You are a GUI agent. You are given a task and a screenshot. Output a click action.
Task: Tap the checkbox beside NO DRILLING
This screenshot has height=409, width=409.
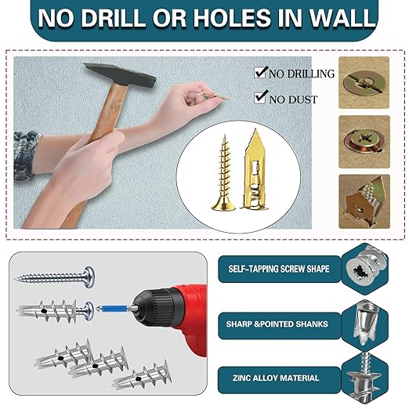(261, 73)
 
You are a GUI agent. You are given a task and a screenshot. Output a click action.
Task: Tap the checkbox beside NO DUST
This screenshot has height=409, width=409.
(261, 98)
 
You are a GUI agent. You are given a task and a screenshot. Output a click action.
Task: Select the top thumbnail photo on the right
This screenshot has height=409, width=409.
(364, 81)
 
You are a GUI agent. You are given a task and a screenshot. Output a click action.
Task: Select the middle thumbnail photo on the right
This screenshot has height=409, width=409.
(364, 140)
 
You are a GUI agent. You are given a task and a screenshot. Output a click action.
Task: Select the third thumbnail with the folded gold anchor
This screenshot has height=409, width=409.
(364, 201)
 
